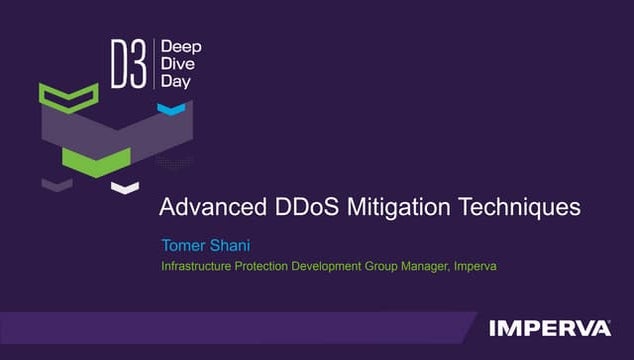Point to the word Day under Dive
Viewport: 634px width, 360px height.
175,82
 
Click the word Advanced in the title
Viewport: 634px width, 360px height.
206,208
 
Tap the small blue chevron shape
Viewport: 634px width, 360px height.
172,107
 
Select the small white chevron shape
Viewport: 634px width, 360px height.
124,186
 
